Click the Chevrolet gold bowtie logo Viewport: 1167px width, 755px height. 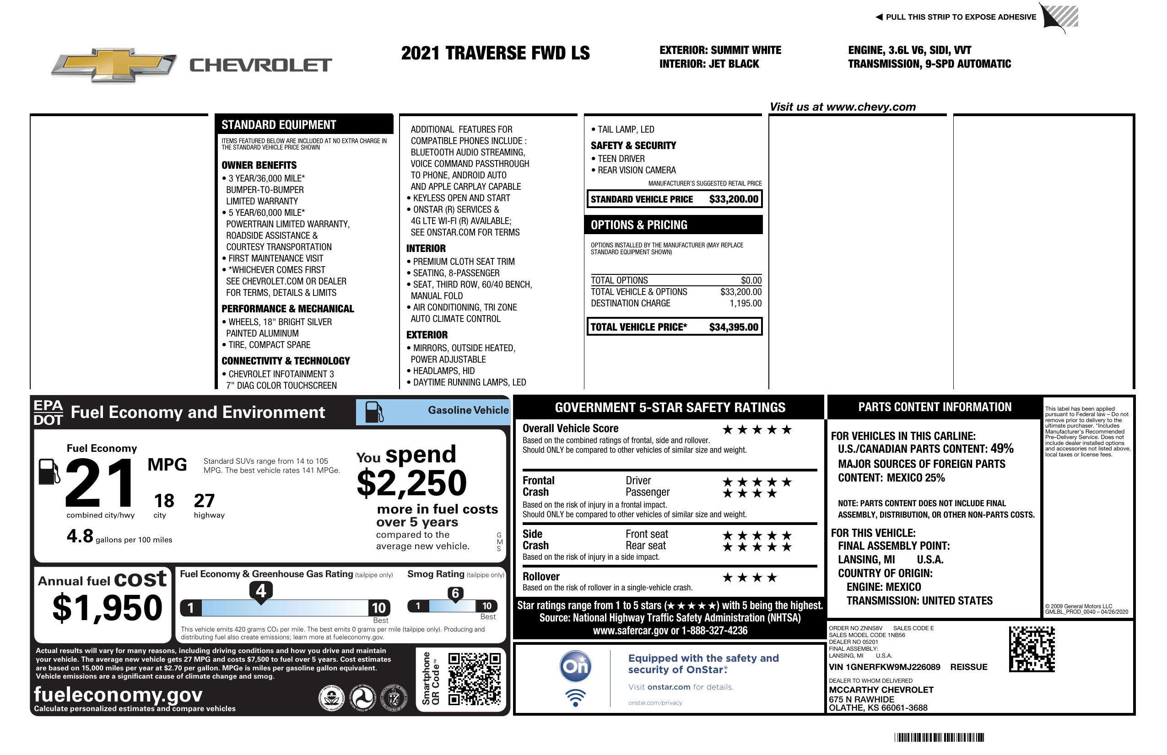pyautogui.click(x=114, y=64)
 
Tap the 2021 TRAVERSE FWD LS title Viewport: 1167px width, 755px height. pyautogui.click(x=495, y=53)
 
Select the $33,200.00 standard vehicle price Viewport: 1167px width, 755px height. pyautogui.click(x=734, y=199)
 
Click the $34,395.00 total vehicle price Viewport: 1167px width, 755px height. pyautogui.click(x=734, y=327)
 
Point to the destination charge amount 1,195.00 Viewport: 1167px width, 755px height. pyautogui.click(x=746, y=303)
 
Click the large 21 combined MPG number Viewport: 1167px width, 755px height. pyautogui.click(x=100, y=483)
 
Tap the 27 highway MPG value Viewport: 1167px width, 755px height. pyautogui.click(x=204, y=501)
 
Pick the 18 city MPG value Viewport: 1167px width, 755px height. pyautogui.click(x=164, y=501)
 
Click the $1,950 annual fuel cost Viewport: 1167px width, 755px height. pyautogui.click(x=108, y=608)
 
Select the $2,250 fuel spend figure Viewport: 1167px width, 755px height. pyautogui.click(x=412, y=483)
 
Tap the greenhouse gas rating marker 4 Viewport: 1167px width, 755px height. pyautogui.click(x=261, y=591)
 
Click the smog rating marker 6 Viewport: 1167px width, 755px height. pyautogui.click(x=455, y=593)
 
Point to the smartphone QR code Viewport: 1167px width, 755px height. pyautogui.click(x=474, y=679)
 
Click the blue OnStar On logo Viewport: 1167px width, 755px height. pyautogui.click(x=575, y=666)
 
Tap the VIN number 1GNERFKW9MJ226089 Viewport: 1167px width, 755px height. pyautogui.click(x=884, y=667)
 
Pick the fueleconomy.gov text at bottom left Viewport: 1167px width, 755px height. pyautogui.click(x=118, y=694)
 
